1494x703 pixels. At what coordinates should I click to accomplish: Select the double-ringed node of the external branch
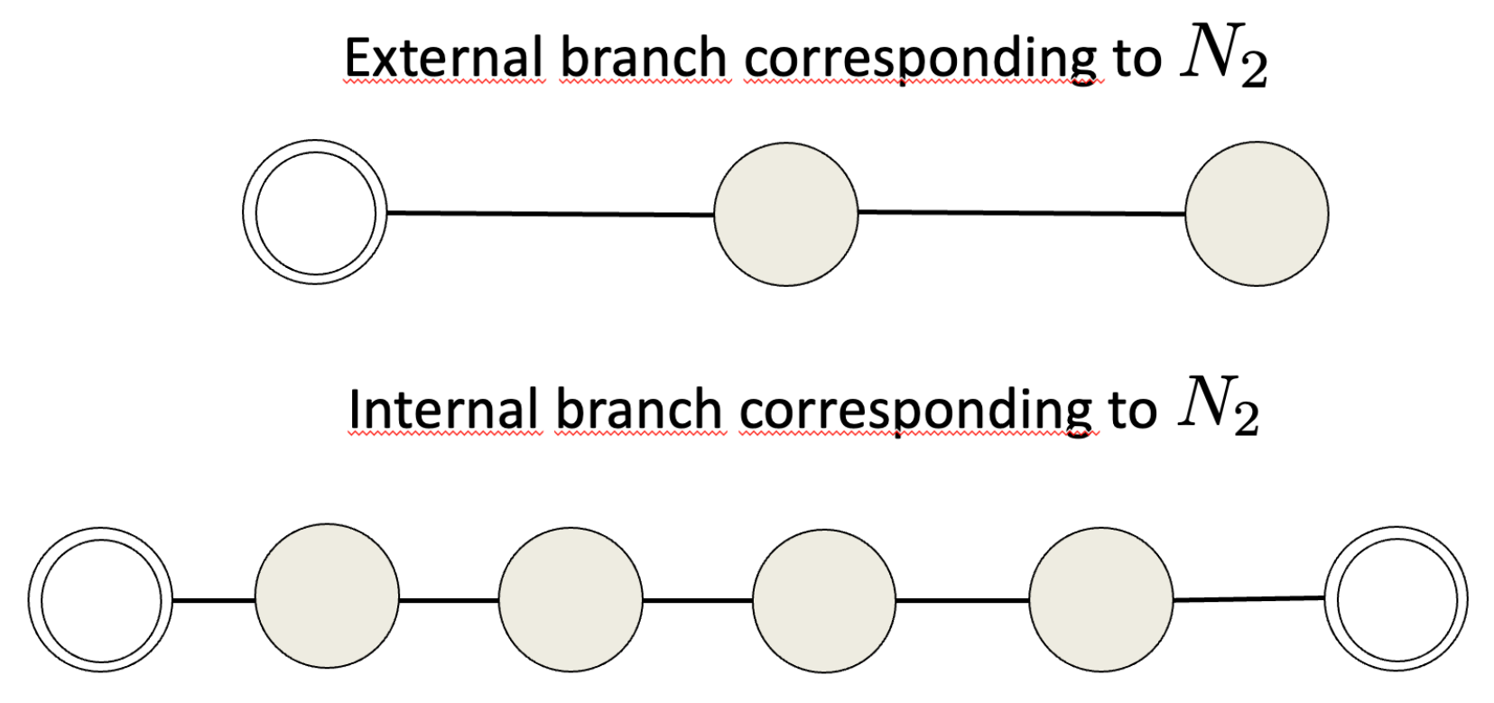pos(315,213)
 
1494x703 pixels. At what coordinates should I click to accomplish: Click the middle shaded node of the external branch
pos(785,214)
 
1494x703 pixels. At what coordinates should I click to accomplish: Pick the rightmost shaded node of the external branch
pos(1257,214)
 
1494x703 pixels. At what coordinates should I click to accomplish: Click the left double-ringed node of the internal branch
pos(100,600)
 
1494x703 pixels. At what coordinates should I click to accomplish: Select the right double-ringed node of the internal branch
pos(1397,599)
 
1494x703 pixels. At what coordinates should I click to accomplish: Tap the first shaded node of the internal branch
pos(327,597)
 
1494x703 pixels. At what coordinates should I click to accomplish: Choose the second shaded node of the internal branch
pos(571,599)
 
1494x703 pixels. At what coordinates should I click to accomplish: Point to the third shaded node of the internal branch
pos(824,600)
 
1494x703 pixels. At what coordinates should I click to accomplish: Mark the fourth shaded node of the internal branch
pos(1101,600)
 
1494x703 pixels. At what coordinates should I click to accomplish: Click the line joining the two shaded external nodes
pos(1021,213)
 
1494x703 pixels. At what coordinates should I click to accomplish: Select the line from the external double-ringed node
pos(550,214)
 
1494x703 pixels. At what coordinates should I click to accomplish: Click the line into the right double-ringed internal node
pos(1249,598)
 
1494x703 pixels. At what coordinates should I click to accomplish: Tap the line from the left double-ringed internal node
pos(213,600)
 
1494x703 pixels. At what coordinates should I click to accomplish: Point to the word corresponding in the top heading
pos(921,60)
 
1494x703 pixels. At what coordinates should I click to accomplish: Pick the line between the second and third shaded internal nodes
pos(698,600)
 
